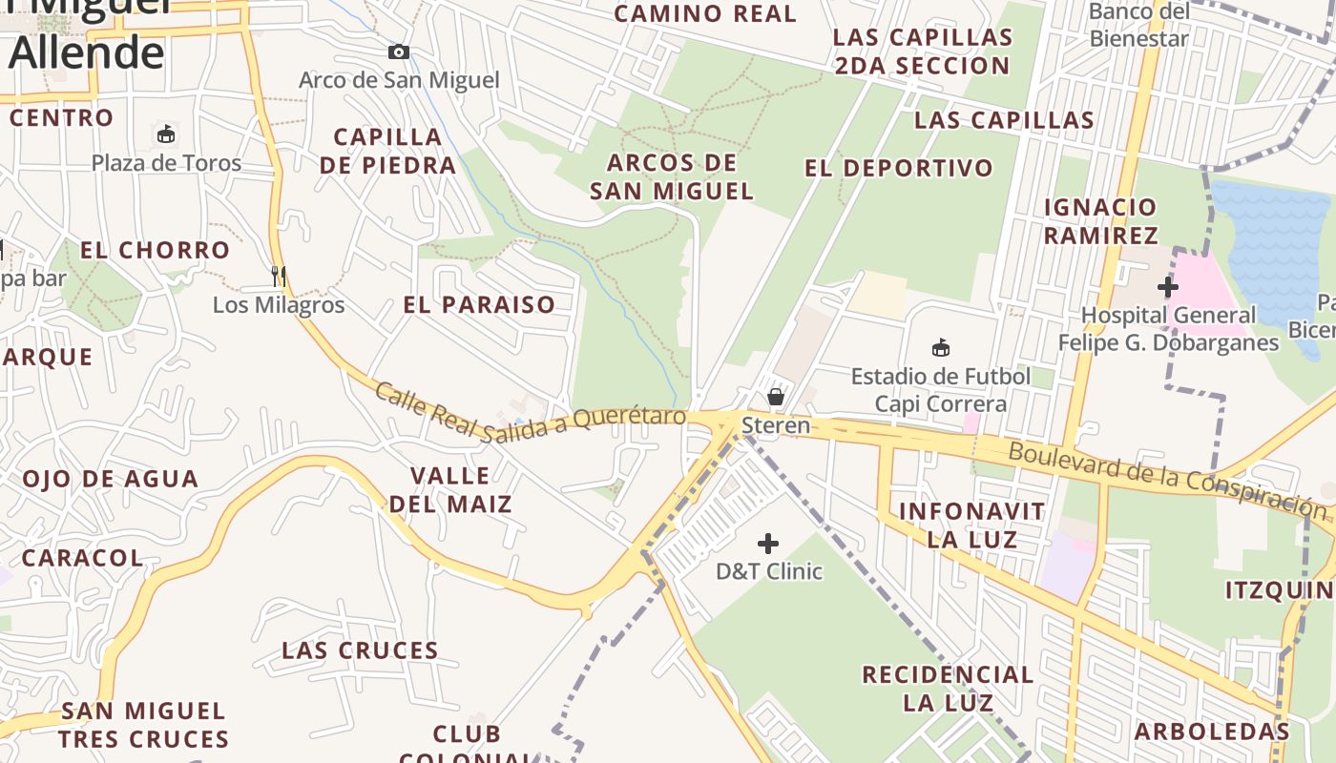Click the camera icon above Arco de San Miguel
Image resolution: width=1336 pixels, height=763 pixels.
pos(399,52)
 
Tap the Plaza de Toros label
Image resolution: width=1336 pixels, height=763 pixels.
pos(167,163)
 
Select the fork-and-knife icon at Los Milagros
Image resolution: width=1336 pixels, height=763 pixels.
pos(279,277)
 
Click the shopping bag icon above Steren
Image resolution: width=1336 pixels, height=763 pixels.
pos(776,396)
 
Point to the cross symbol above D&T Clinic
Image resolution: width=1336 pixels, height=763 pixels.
pos(768,544)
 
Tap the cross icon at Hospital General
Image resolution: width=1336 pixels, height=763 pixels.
pos(1167,286)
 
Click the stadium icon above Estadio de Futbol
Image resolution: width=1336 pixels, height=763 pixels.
pos(941,347)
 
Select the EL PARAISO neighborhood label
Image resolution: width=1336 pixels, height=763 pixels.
pos(479,305)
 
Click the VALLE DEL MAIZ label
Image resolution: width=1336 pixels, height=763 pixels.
pos(450,489)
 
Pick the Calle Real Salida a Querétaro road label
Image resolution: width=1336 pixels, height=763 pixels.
pos(531,410)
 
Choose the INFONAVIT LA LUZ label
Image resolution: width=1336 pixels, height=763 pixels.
pos(972,525)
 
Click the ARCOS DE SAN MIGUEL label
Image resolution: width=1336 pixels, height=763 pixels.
pos(673,176)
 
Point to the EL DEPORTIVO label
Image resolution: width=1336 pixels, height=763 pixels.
pos(899,169)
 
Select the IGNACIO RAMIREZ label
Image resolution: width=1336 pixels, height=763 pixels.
pos(1100,220)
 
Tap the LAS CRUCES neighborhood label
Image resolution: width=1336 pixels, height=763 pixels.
pos(360,650)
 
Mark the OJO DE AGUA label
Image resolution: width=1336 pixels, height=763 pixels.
pos(111,479)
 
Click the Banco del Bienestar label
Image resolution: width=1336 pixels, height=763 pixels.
pos(1139,26)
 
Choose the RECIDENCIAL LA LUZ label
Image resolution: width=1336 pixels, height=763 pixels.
pos(948,689)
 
